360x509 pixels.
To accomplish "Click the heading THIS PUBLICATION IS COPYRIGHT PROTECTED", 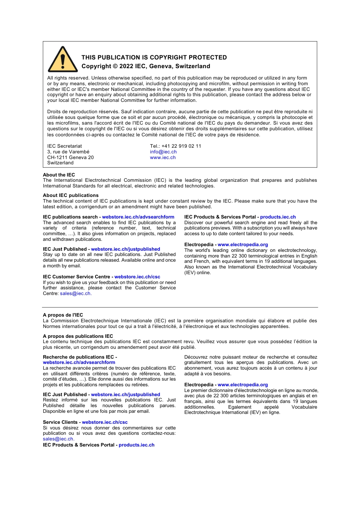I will pyautogui.click(x=154, y=58).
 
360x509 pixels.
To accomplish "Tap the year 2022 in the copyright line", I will pyautogui.click(x=126, y=66).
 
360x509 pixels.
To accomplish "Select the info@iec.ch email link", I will pyautogui.click(x=163, y=152).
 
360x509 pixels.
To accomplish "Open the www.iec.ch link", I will pyautogui.click(x=163, y=158).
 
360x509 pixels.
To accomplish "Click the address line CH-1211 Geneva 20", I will pyautogui.click(x=70, y=158).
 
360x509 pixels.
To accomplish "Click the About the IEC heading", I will pyautogui.click(x=59, y=175).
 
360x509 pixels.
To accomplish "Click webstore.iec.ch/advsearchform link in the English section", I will pyautogui.click(x=138, y=217).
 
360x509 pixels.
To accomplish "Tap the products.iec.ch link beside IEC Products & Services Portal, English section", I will pyautogui.click(x=278, y=217).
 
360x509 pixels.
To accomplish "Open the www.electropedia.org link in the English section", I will pyautogui.click(x=243, y=245).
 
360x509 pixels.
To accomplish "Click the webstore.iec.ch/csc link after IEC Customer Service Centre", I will pyautogui.click(x=137, y=277).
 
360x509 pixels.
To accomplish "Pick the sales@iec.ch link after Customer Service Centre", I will pyautogui.click(x=75, y=294).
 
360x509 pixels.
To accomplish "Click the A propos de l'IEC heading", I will pyautogui.click(x=63, y=315).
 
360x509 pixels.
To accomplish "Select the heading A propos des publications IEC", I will pyautogui.click(x=78, y=336).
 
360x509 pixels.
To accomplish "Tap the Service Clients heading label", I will pyautogui.click(x=60, y=422).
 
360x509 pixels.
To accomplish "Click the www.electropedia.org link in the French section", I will pyautogui.click(x=243, y=385).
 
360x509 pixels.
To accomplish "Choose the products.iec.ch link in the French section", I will pyautogui.click(x=136, y=445).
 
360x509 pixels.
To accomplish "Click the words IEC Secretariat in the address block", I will pyautogui.click(x=64, y=146).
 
